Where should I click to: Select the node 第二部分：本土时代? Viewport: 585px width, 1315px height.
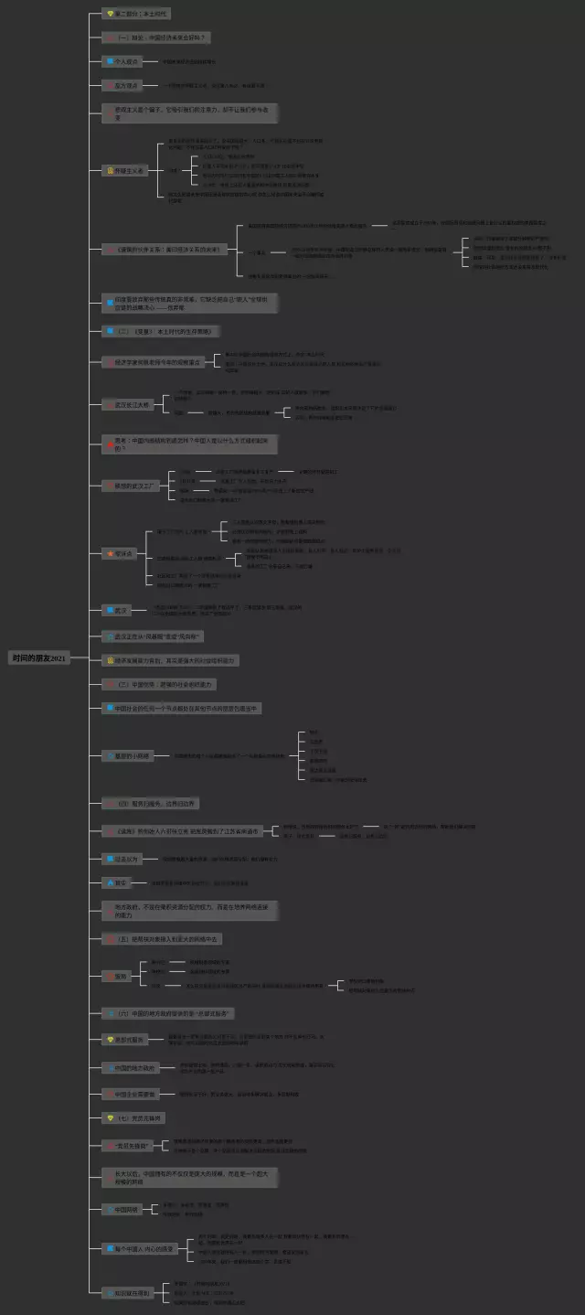(136, 15)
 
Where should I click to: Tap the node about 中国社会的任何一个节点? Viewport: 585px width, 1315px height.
(183, 708)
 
